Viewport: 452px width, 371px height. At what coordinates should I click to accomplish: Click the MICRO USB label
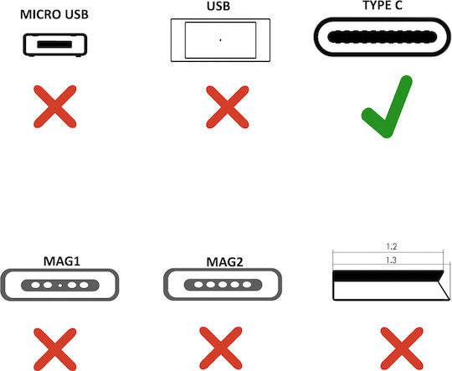click(54, 14)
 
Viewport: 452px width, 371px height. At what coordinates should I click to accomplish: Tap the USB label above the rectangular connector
click(218, 6)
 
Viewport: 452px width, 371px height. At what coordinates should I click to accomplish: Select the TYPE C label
click(383, 5)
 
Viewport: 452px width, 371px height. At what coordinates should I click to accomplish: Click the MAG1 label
click(62, 261)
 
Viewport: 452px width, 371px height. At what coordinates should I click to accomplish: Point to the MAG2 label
click(225, 262)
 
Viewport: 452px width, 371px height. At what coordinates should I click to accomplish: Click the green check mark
click(387, 106)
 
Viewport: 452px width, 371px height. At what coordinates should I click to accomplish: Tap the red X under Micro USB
click(55, 106)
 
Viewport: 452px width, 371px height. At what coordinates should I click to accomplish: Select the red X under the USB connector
click(227, 107)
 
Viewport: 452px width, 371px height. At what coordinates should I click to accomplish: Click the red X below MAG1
click(55, 349)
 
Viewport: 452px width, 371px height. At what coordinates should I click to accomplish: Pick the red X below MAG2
click(220, 348)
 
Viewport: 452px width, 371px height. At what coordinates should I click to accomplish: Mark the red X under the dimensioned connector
click(402, 348)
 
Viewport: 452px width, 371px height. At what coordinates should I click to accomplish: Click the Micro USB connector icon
click(55, 44)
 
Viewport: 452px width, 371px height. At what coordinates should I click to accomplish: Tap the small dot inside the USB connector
click(220, 40)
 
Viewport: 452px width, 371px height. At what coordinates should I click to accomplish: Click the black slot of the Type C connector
click(383, 37)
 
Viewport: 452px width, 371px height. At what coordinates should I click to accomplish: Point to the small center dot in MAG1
click(60, 286)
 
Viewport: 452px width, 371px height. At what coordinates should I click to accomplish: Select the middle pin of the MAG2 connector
click(223, 285)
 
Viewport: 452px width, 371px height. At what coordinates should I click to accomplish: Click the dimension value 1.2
click(392, 247)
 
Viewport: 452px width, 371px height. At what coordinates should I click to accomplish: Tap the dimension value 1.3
click(391, 260)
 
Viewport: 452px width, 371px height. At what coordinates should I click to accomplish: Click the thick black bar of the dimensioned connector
click(388, 276)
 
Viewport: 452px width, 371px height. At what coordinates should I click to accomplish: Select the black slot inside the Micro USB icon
click(54, 44)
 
